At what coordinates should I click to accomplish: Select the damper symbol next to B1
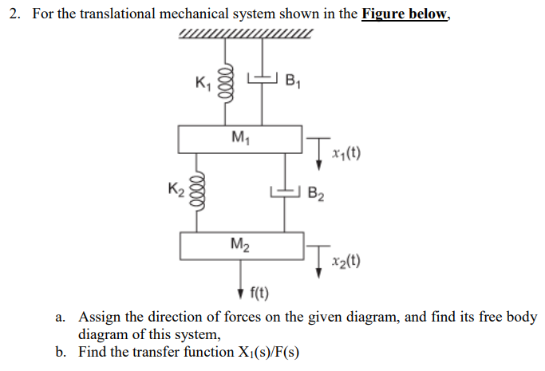tap(263, 77)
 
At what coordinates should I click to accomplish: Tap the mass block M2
tap(241, 246)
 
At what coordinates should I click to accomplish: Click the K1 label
tap(204, 81)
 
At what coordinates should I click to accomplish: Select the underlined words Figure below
tap(405, 15)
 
